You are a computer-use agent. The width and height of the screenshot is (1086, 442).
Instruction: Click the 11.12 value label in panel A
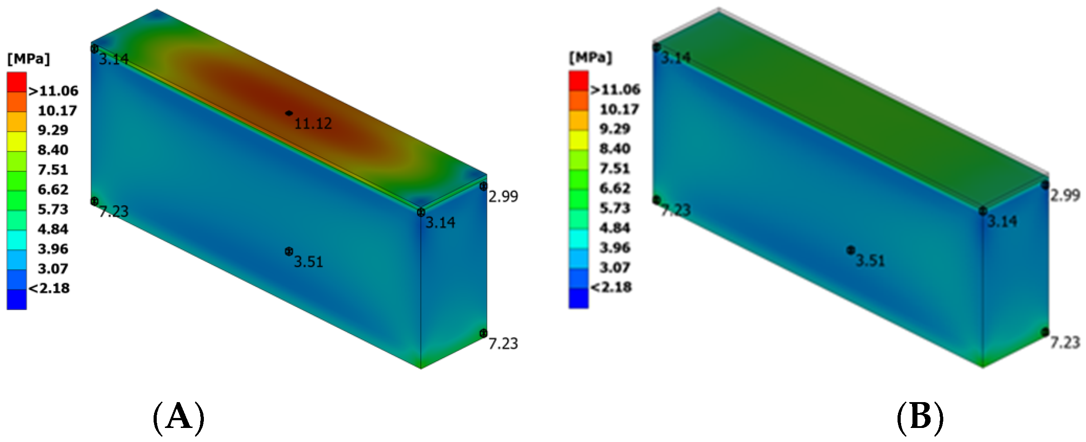(x=313, y=123)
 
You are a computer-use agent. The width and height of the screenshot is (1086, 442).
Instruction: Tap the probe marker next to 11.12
(x=289, y=113)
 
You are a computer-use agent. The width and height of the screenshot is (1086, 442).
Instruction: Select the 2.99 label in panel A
(x=503, y=196)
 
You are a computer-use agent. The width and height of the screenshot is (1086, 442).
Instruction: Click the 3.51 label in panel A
(x=309, y=262)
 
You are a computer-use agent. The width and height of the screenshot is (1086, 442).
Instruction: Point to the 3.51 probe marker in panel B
(x=850, y=250)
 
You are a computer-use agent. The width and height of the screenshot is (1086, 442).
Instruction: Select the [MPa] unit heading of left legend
(x=29, y=59)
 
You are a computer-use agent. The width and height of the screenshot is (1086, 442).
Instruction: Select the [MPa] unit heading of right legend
(x=590, y=58)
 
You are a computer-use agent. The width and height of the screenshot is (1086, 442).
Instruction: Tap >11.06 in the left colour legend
(x=53, y=91)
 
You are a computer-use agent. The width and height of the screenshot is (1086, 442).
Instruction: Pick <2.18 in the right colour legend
(x=611, y=287)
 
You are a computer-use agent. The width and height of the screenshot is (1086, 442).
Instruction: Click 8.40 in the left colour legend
(x=53, y=150)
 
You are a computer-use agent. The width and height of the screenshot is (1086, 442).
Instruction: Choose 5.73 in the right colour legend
(x=615, y=208)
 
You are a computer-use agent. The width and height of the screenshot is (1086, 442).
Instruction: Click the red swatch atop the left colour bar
(x=17, y=82)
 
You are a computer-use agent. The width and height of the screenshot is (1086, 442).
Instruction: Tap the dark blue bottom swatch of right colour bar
(x=579, y=298)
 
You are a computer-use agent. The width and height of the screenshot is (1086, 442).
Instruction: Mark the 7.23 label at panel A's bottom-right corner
(x=503, y=344)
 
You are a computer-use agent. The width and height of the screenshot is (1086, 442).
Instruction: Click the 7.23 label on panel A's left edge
(x=114, y=211)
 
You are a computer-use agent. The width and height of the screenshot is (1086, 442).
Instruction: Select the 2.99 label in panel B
(x=1065, y=195)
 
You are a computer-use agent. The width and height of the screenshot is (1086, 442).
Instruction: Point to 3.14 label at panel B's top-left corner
(x=676, y=58)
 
